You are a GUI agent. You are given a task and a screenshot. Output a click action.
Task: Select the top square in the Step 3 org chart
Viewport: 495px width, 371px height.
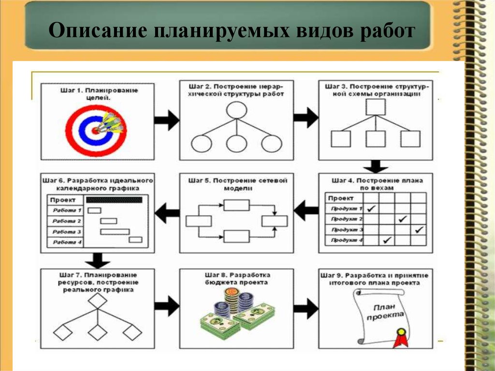click(x=375, y=106)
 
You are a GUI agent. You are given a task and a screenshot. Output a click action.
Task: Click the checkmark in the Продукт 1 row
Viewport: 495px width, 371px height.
click(x=372, y=208)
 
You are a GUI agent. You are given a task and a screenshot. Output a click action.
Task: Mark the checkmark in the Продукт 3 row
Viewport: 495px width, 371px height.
click(x=419, y=229)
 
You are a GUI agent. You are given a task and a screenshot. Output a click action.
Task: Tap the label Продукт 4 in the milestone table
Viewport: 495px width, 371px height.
click(x=347, y=240)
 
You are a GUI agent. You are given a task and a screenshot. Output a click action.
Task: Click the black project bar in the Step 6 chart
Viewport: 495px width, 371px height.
click(x=114, y=199)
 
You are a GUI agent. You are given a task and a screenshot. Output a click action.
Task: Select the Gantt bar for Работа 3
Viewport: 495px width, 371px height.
click(x=115, y=232)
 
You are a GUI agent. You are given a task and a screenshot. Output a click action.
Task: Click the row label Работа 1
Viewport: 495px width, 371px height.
click(x=67, y=210)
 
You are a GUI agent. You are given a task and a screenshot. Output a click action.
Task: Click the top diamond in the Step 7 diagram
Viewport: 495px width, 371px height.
click(x=98, y=301)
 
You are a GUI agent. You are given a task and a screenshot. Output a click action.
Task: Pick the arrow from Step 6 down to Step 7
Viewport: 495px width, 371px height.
click(x=98, y=260)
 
